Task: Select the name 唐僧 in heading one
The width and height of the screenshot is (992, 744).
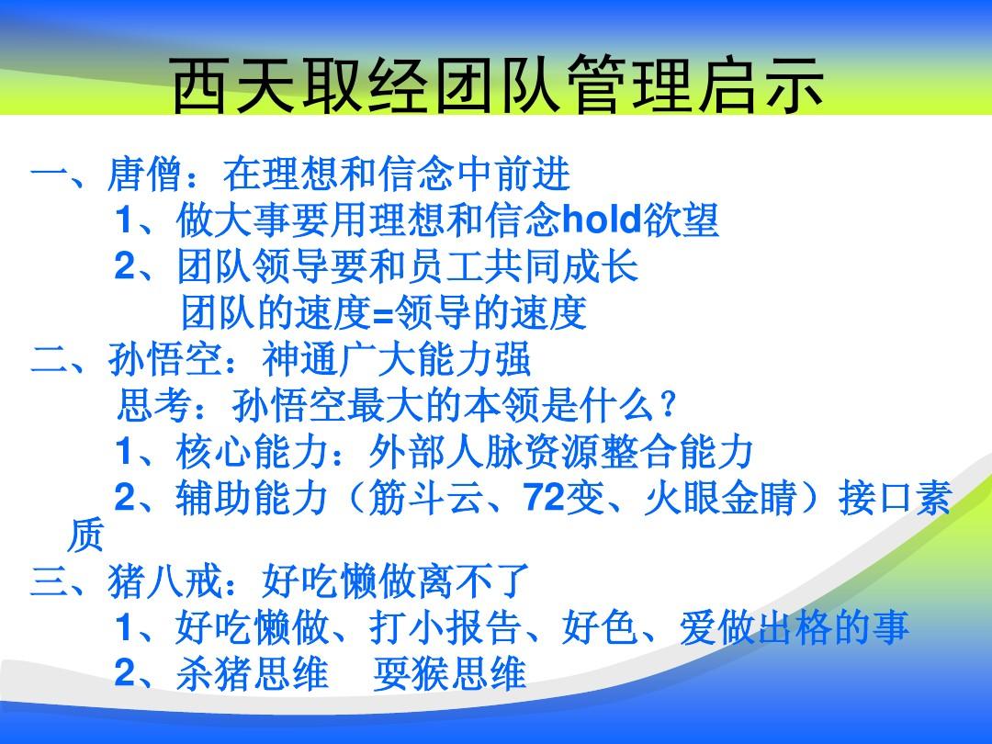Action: [145, 175]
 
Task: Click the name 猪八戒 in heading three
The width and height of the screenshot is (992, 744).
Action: [164, 581]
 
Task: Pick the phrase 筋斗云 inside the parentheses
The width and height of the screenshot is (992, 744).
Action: [425, 498]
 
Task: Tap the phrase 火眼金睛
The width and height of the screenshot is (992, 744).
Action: [719, 498]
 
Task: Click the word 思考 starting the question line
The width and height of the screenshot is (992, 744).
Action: [154, 405]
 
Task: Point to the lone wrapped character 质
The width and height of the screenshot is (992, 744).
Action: [85, 535]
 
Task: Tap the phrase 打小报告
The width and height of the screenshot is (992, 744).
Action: [445, 627]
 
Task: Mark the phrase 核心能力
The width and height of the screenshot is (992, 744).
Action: [254, 452]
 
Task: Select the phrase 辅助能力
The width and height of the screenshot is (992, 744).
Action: [254, 498]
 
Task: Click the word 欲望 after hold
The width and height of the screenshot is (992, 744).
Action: [682, 220]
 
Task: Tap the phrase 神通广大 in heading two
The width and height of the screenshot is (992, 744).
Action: [339, 359]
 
